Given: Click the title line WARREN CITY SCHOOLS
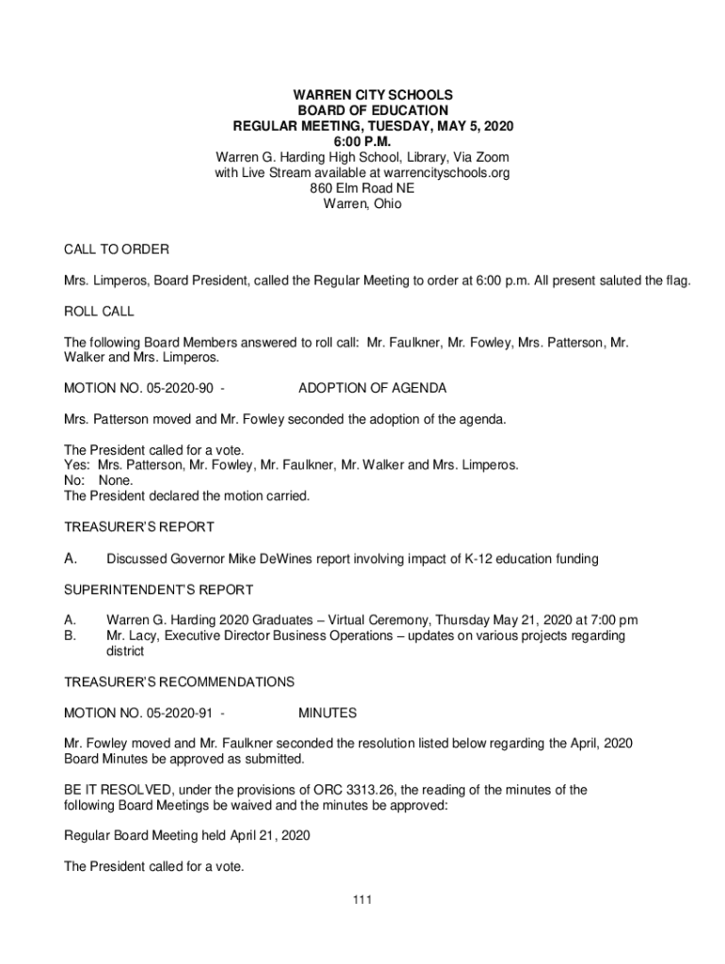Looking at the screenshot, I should coord(373,95).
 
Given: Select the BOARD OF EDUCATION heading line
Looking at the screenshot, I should coord(373,111).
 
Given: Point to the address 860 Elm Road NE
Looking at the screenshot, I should coord(362,188).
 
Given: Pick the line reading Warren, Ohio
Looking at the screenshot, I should coord(362,203).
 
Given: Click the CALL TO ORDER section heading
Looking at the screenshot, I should coord(116,249).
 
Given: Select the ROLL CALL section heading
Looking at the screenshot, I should coord(99,311).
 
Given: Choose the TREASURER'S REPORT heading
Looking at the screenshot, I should coord(138,526).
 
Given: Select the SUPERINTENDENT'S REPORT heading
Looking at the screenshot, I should coord(158,590).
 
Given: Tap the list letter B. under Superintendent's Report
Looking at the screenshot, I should coord(69,635).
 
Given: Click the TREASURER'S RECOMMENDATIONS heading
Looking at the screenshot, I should coord(179,682).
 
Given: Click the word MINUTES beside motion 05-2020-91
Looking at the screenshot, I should coord(327,713).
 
